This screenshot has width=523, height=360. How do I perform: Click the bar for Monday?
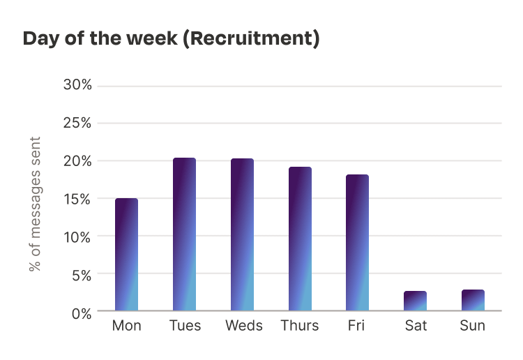click(126, 255)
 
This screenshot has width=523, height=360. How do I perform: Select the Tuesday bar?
click(184, 234)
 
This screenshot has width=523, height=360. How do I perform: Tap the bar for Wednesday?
click(242, 234)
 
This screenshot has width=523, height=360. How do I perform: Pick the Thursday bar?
click(300, 239)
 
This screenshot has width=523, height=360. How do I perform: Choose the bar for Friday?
click(357, 243)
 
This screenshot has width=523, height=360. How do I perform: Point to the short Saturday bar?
click(415, 301)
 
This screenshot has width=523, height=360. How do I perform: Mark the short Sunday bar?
click(473, 301)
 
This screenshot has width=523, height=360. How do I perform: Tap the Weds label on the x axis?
click(243, 326)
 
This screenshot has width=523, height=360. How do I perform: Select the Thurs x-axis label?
click(300, 326)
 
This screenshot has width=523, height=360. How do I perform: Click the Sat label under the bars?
click(415, 326)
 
